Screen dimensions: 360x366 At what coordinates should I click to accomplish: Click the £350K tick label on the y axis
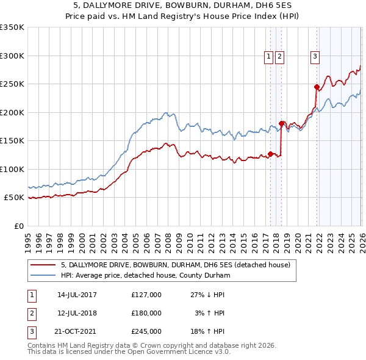[12, 27]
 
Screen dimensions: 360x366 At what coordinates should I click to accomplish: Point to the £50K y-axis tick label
[14, 198]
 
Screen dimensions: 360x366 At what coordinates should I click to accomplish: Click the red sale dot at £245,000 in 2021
[317, 87]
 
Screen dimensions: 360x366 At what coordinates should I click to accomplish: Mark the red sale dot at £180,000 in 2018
[281, 123]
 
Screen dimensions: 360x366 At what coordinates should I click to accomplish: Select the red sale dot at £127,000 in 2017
[270, 154]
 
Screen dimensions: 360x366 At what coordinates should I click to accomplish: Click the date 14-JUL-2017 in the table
[77, 295]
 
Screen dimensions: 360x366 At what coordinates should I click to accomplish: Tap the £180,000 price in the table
[146, 312]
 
